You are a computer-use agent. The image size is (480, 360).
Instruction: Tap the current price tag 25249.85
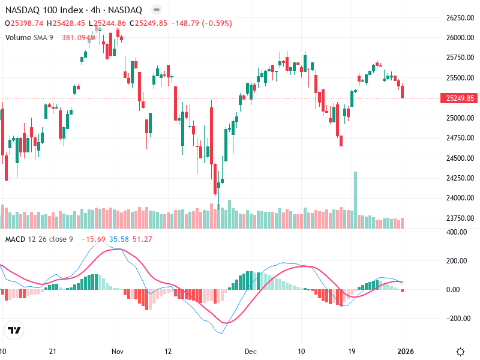coord(457,98)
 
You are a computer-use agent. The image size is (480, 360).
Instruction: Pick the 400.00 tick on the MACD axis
coord(457,232)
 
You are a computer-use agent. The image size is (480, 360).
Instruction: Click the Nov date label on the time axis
coord(118,351)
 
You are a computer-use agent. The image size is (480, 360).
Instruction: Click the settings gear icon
coord(461,352)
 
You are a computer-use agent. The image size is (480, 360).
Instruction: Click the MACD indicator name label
coord(16,239)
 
